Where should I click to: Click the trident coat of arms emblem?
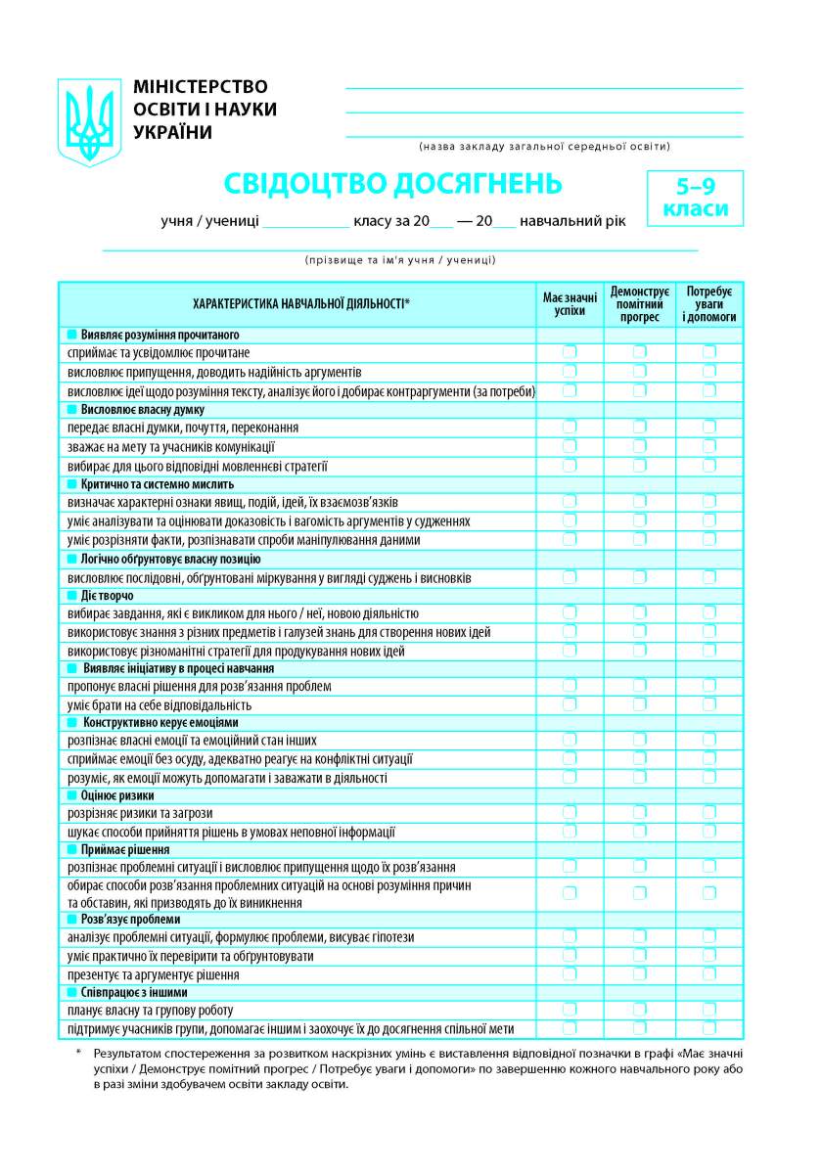90,122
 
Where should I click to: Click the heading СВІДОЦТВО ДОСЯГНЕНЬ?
393,183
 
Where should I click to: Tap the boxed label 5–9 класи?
695,198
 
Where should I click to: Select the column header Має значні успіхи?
570,303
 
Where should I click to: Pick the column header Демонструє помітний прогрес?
639,303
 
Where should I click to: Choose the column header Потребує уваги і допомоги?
709,303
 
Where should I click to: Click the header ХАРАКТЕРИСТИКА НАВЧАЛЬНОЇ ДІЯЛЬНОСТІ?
301,303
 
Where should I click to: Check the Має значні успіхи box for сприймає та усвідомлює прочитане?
570,352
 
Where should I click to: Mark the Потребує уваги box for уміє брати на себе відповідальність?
709,704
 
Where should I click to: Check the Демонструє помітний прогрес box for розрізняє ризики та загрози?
639,813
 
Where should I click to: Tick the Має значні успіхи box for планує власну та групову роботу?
570,1010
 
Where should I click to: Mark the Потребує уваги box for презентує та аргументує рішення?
709,974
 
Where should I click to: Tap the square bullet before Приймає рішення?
71,849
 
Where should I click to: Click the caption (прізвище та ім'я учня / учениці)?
400,260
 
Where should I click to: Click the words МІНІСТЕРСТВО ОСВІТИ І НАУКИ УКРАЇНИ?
205,110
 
